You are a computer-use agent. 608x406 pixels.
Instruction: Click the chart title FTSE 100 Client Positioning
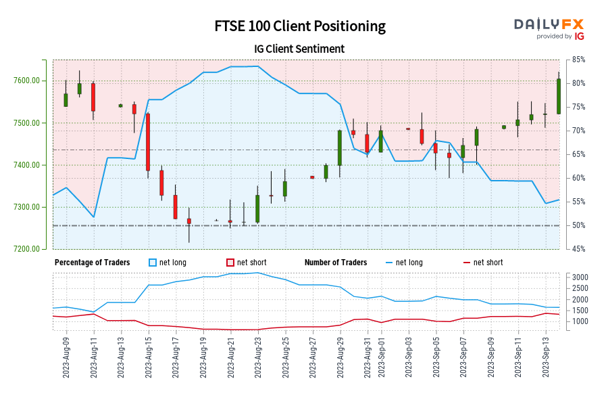tap(300, 26)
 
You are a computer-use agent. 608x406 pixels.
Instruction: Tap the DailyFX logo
tap(549, 28)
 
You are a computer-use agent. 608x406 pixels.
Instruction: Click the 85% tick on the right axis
tap(578, 60)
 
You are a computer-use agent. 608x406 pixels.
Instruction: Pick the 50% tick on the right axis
tap(578, 225)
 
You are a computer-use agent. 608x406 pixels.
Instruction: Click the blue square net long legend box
tap(152, 263)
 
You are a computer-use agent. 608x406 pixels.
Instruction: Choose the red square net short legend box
tap(230, 263)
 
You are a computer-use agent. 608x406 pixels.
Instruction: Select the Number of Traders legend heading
tap(336, 263)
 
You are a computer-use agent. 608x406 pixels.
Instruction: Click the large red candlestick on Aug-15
tap(147, 141)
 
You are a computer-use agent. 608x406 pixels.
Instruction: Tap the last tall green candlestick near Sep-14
tap(559, 96)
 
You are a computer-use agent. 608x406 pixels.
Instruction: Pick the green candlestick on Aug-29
tap(340, 148)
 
